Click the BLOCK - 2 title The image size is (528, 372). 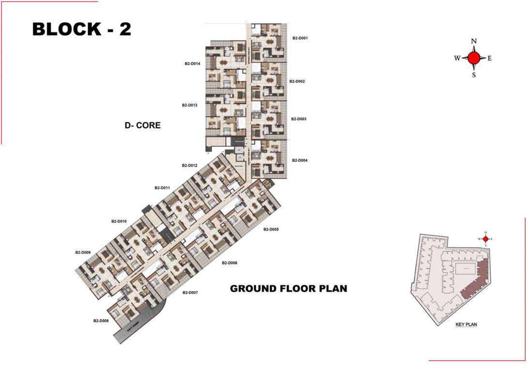(x=81, y=29)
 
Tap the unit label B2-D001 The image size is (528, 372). (x=300, y=38)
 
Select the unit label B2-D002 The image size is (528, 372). (x=297, y=81)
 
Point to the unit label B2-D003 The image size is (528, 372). (x=299, y=119)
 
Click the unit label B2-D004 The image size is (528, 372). (x=299, y=160)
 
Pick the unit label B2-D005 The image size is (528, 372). (x=271, y=229)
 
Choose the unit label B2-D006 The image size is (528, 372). (x=230, y=263)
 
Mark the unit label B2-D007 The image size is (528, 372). (x=190, y=293)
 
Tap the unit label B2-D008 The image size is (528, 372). (x=101, y=321)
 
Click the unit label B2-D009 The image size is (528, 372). (x=83, y=252)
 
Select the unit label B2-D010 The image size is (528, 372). (x=119, y=221)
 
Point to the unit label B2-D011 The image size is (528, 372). (x=162, y=187)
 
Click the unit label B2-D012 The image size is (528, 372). (x=190, y=166)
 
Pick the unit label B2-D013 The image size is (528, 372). (x=190, y=105)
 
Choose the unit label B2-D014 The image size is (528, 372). (x=192, y=63)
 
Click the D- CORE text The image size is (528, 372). (x=142, y=125)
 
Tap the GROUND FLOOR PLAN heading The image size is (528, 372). (x=288, y=289)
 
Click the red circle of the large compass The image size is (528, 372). (x=474, y=58)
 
